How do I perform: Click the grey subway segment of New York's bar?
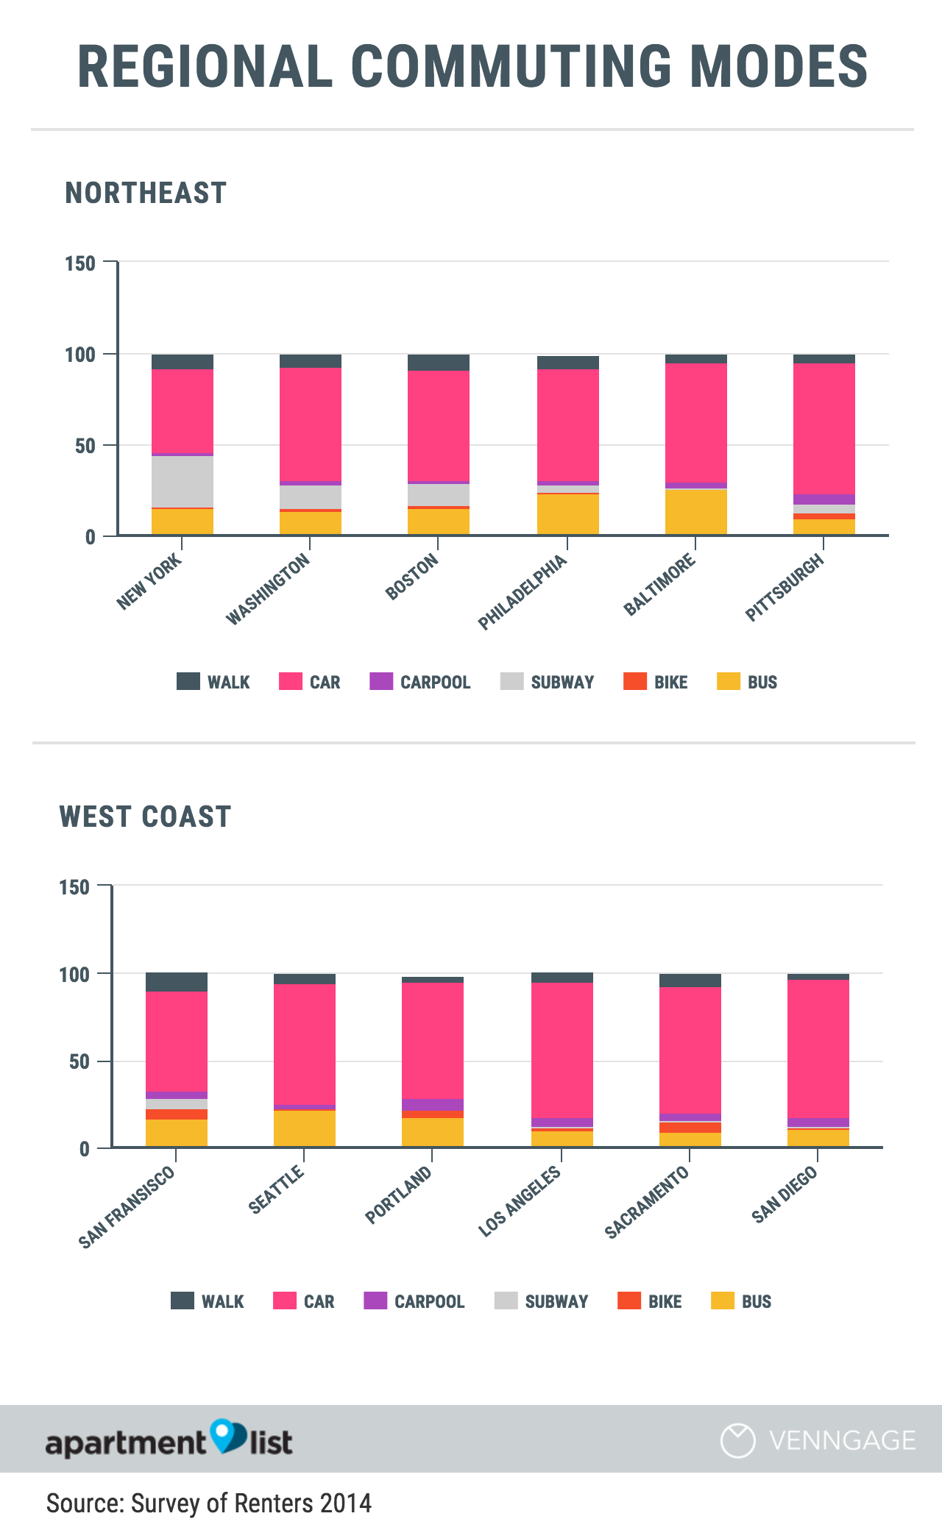point(183,481)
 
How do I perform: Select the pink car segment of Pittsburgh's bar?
point(824,428)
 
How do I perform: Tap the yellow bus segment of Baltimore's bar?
point(695,512)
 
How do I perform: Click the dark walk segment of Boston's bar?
point(439,362)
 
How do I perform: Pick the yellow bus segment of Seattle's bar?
point(305,1128)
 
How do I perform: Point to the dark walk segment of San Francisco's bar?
point(177,981)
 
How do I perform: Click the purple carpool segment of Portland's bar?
point(433,1104)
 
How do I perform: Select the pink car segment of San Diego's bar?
point(818,1048)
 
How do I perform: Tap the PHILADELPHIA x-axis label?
point(523,592)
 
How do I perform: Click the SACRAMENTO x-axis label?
point(647,1202)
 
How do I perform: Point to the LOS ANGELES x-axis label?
point(520,1201)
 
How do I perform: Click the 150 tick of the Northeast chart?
point(80,263)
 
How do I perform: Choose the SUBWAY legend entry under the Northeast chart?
point(548,682)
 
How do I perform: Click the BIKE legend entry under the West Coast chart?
point(651,1301)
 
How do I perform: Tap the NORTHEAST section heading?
point(146,193)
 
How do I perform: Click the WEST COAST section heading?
point(146,816)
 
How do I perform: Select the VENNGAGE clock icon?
point(737,1440)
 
